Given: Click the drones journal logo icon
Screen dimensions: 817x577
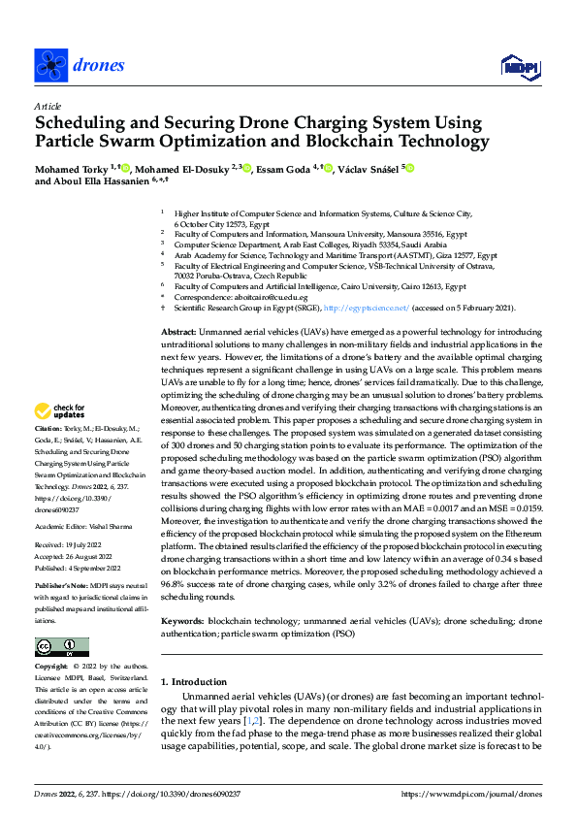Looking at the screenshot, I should [x=49, y=65].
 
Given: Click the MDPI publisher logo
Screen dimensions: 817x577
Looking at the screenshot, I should [x=518, y=65].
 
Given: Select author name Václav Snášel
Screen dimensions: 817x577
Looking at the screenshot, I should [x=366, y=168].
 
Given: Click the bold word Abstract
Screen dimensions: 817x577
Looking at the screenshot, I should [x=180, y=332].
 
